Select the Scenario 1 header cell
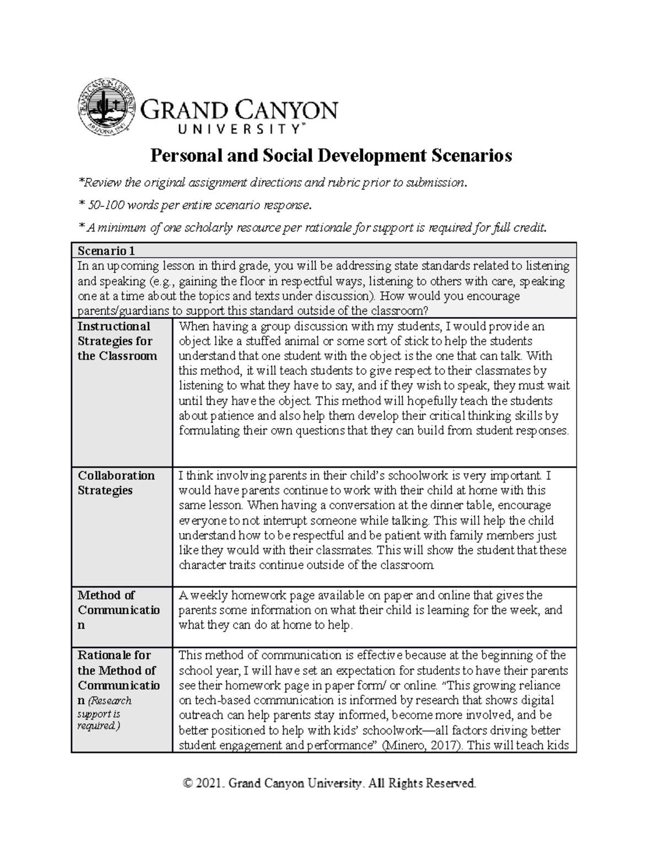coord(106,251)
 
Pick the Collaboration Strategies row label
coord(116,483)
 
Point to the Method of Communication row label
coord(118,610)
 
